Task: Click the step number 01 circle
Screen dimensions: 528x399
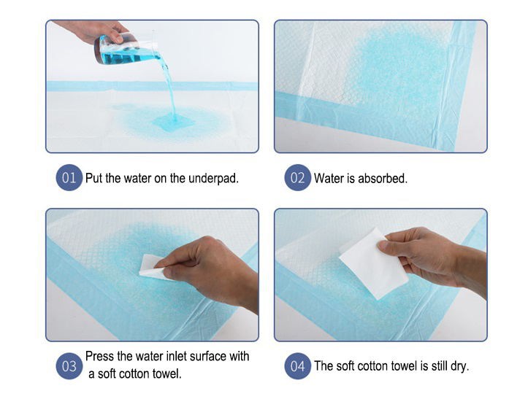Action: [x=69, y=178]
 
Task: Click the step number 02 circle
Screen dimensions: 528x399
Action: [x=298, y=178]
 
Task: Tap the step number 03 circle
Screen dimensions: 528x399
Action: [x=69, y=366]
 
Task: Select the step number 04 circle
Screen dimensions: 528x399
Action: [x=298, y=366]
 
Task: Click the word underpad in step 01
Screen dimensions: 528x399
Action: [x=213, y=178]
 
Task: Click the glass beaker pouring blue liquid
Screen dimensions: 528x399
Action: [x=126, y=50]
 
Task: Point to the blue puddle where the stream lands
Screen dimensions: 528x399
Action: [x=173, y=121]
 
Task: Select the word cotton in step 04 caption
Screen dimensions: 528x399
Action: [x=375, y=366]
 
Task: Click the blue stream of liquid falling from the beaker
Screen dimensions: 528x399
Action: [x=169, y=88]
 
